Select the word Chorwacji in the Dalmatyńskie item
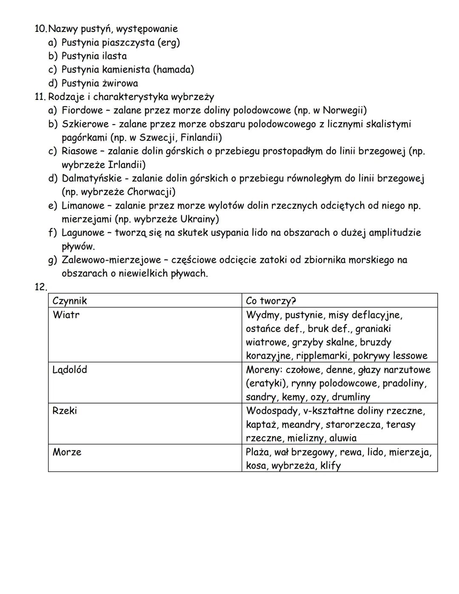pos(151,192)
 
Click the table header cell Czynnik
pos(70,301)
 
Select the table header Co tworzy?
pos(271,301)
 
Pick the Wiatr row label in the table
pos(66,315)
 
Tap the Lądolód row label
pos(70,370)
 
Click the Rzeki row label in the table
pos(65,411)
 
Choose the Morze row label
pos(67,452)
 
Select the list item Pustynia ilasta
pos(94,56)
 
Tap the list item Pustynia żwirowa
pos(99,83)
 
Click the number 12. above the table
pos(41,287)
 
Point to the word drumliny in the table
pos(351,397)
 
